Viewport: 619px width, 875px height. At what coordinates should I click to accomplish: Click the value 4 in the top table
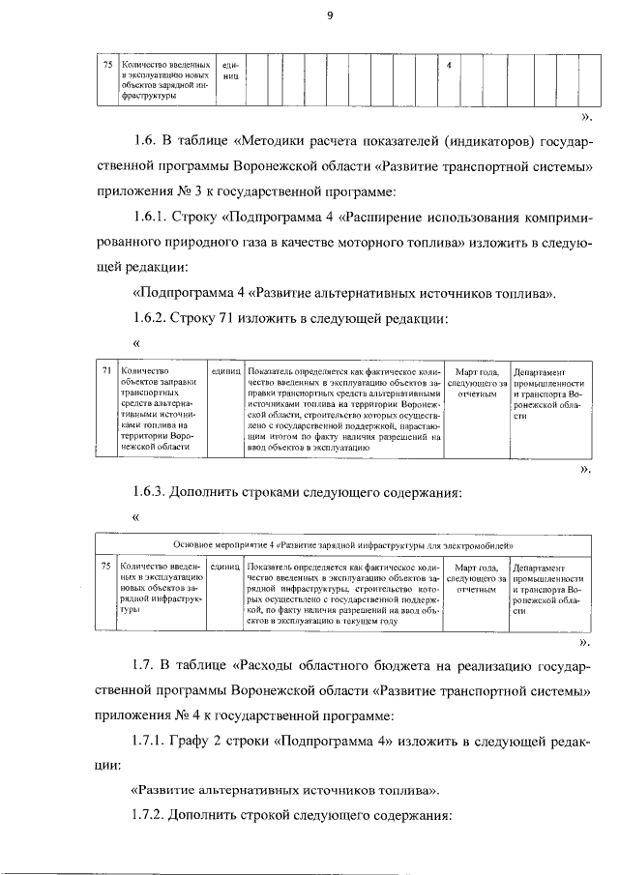tap(451, 66)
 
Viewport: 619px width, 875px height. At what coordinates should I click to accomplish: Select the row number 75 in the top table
tap(107, 66)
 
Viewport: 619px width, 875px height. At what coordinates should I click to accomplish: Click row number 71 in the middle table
tap(107, 371)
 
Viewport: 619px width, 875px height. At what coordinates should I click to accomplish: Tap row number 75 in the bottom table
tap(107, 565)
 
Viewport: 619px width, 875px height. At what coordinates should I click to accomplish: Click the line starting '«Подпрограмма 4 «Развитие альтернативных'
tap(342, 291)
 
